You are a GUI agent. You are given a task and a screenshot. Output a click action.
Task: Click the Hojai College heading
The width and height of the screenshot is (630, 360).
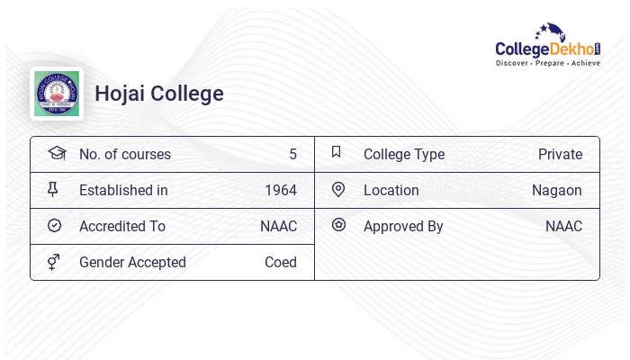click(x=159, y=94)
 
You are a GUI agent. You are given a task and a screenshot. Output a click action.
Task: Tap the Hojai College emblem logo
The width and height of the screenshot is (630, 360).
click(x=57, y=94)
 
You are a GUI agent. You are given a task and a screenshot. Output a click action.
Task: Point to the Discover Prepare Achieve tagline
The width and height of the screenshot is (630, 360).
click(x=547, y=64)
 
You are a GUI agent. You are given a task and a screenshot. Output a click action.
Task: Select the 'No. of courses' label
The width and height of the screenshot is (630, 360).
click(x=125, y=154)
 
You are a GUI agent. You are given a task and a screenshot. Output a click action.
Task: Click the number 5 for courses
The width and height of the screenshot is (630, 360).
click(x=292, y=154)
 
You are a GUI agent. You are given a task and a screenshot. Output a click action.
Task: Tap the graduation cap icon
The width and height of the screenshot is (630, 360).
click(x=57, y=153)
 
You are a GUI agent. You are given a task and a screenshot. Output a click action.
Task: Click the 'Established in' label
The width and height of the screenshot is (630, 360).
click(x=123, y=190)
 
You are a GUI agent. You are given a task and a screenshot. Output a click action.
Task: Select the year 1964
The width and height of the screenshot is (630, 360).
click(x=281, y=190)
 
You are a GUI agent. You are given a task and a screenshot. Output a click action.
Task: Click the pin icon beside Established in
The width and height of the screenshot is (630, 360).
click(x=53, y=189)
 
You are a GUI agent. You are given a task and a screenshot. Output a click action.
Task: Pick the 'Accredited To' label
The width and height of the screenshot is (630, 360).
click(x=122, y=226)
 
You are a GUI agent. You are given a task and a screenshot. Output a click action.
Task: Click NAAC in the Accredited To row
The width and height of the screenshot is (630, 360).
click(x=278, y=226)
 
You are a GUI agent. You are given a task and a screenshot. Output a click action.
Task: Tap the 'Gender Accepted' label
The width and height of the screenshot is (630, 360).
click(x=132, y=262)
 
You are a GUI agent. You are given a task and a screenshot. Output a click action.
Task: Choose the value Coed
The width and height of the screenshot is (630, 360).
click(x=281, y=262)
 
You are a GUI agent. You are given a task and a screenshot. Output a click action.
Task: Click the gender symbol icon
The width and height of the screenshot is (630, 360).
click(x=53, y=262)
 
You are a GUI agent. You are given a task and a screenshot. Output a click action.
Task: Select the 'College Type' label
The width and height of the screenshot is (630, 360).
click(x=404, y=154)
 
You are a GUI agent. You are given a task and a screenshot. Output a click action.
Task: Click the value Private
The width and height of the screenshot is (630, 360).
click(x=560, y=154)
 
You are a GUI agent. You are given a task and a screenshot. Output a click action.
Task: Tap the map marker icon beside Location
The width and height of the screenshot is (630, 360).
click(x=338, y=189)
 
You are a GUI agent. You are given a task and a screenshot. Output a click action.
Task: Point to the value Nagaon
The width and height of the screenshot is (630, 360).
click(x=557, y=190)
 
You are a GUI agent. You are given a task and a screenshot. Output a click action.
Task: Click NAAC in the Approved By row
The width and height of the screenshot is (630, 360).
click(x=563, y=226)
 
